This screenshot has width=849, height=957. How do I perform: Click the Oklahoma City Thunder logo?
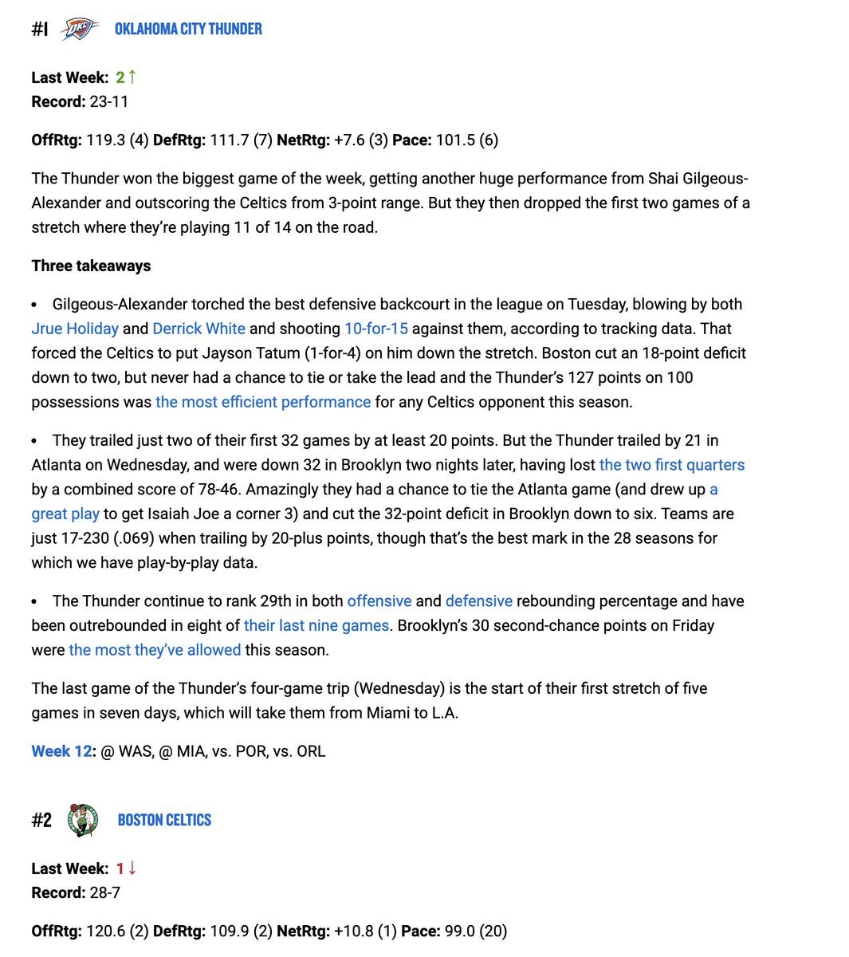(x=81, y=30)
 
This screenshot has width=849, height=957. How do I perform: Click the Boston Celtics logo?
(x=83, y=820)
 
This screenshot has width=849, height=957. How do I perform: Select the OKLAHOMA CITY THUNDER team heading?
(x=188, y=30)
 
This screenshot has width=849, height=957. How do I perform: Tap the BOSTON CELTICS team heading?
(x=164, y=820)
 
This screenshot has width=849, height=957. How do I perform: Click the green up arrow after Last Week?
(x=132, y=77)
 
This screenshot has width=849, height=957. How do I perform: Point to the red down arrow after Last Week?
(x=132, y=868)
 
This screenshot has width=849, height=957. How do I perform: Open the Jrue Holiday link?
(x=75, y=329)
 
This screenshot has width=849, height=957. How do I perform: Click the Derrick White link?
(x=198, y=329)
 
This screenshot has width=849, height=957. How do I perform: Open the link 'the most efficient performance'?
(x=263, y=402)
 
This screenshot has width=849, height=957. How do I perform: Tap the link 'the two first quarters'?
(x=671, y=465)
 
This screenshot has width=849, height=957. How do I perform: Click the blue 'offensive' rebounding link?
(x=379, y=601)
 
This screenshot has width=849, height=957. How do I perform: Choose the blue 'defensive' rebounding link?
(x=478, y=601)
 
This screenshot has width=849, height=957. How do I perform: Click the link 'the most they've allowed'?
(x=155, y=650)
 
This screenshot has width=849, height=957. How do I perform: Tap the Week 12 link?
(x=62, y=751)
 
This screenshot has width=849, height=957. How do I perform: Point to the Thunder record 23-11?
(x=108, y=101)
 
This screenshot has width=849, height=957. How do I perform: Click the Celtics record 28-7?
(x=104, y=892)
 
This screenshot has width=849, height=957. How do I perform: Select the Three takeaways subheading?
(x=91, y=266)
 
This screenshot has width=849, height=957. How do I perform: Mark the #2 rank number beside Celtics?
(x=41, y=820)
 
